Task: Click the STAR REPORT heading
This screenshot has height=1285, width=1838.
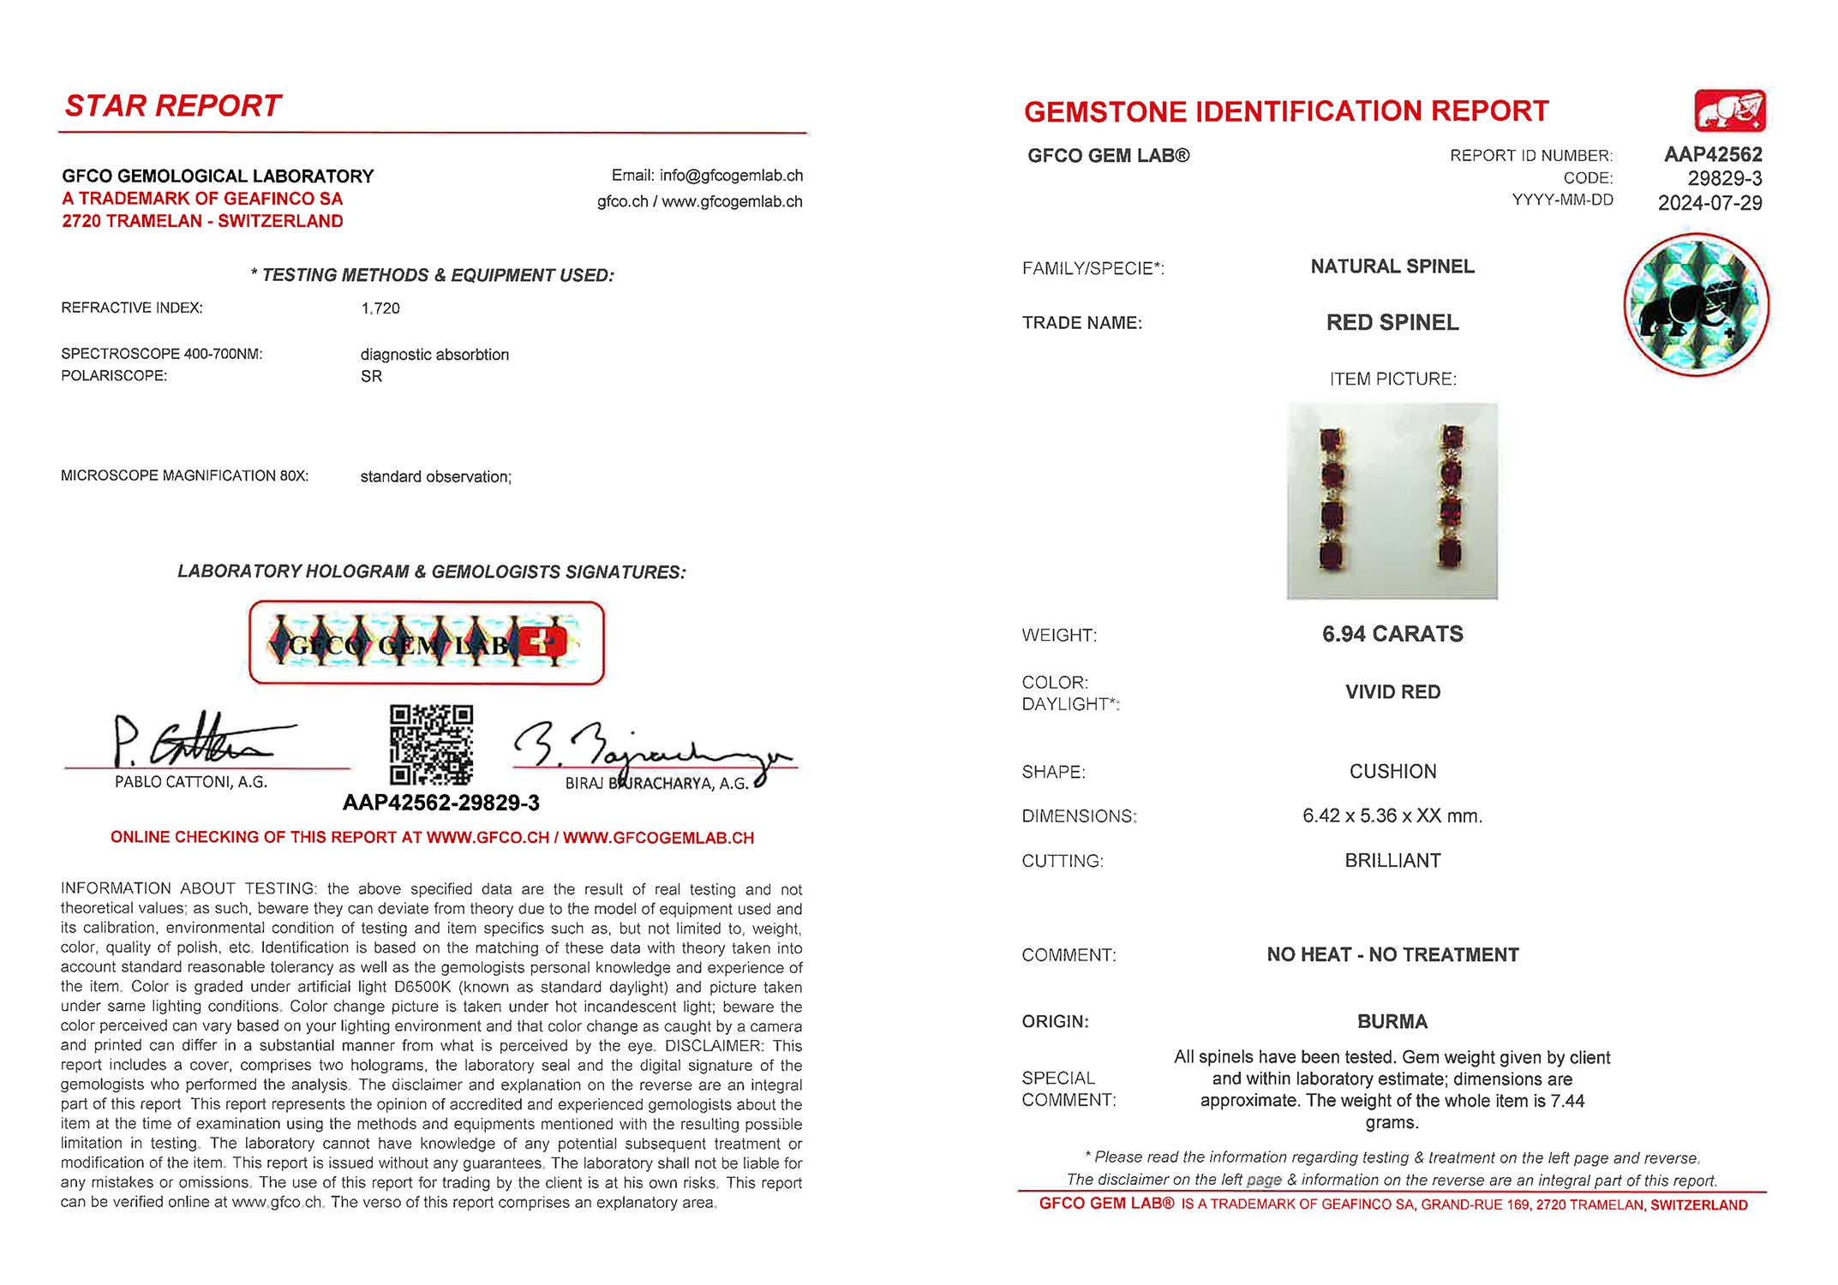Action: tap(173, 105)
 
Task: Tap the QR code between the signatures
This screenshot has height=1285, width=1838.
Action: tap(431, 744)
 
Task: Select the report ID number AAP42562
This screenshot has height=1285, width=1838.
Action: tap(1712, 154)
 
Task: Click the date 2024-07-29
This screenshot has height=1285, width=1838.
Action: tap(1709, 203)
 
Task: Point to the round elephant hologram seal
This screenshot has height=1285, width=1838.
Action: tap(1696, 304)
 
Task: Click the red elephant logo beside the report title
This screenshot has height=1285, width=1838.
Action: tap(1729, 111)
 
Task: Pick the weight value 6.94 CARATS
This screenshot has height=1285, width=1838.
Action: tap(1392, 634)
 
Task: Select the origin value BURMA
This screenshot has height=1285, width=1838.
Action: tap(1392, 1021)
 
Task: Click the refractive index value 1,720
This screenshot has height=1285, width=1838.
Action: tap(380, 308)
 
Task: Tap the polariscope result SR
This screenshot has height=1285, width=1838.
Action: tap(371, 376)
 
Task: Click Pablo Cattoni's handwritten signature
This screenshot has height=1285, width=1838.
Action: tap(197, 739)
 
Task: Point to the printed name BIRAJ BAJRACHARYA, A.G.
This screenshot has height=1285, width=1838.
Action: tap(656, 783)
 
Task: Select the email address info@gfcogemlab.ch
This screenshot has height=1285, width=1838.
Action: tap(731, 176)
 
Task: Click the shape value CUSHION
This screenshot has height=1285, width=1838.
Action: tap(1392, 771)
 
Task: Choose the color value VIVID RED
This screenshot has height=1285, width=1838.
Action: tap(1392, 692)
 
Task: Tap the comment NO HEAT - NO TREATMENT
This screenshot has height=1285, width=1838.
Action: tap(1392, 954)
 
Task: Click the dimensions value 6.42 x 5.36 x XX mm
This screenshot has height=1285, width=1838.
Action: tap(1392, 816)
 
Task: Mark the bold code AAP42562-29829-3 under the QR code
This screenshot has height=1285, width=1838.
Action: tap(441, 803)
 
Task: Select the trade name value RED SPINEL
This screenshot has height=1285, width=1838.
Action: tap(1392, 322)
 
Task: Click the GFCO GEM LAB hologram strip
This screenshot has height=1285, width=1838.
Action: tap(427, 643)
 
